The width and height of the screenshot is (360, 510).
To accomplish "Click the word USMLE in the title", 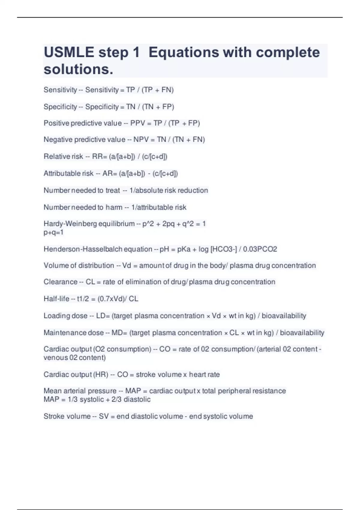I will pos(69,52).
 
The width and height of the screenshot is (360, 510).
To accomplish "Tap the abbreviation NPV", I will pos(141,140).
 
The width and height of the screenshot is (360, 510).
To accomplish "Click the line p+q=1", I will pos(53,232).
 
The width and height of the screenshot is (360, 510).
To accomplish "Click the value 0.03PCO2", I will pos(260,249).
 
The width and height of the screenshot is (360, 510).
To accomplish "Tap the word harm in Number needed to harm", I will pos(114,207).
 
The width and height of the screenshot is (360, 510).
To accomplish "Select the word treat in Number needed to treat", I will pos(112,190).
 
